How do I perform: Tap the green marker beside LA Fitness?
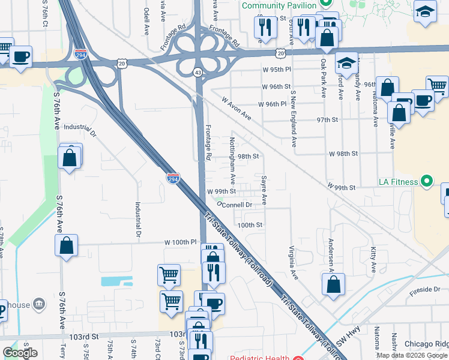coord(427,181)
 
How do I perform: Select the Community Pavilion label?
coord(280,5)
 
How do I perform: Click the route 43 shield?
coord(197,72)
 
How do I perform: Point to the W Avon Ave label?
coord(236,109)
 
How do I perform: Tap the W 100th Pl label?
coord(181,242)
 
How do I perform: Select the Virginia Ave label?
coord(294,263)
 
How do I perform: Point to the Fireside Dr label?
coord(425,289)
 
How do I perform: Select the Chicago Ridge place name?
coord(426,344)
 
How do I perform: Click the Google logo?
coord(20,353)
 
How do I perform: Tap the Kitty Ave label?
coord(373,257)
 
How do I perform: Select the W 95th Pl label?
coord(276,70)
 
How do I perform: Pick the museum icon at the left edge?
coord(39,305)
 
